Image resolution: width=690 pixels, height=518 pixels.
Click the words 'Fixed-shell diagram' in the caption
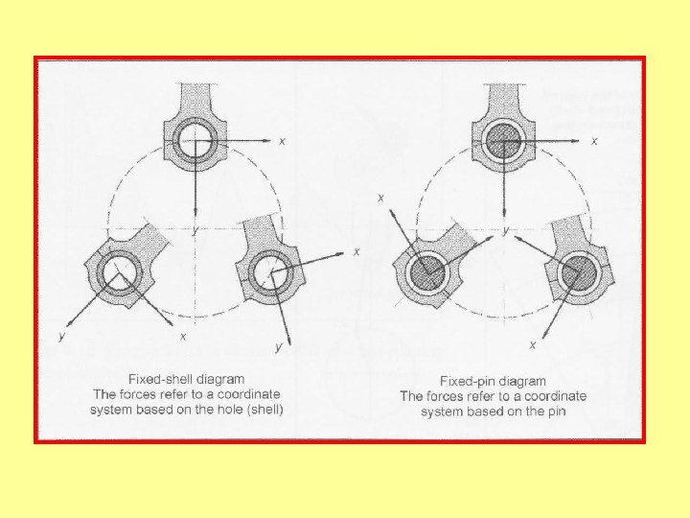point(186,379)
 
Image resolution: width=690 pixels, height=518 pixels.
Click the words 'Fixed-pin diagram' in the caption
point(493,381)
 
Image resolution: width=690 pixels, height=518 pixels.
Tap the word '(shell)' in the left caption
point(264,410)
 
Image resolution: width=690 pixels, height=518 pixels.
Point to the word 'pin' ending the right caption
point(556,412)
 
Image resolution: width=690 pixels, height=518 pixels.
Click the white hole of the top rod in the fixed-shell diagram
point(195,140)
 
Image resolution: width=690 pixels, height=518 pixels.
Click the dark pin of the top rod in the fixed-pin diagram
point(504,140)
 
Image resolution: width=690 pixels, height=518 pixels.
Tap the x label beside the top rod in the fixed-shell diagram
point(282,141)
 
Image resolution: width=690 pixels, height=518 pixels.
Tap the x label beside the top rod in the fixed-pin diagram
point(594,141)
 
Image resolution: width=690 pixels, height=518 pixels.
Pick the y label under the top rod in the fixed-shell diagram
point(195,230)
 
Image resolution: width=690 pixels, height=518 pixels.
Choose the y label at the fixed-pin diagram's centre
point(506,230)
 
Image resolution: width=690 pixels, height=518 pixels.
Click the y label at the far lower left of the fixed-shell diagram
point(61,336)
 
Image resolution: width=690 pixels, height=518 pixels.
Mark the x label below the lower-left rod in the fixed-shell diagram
point(183,337)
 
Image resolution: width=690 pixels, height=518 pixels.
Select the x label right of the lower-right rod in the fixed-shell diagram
point(356,251)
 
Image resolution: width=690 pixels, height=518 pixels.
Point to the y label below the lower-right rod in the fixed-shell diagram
point(278,347)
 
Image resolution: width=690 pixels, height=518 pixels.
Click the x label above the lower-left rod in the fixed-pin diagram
point(381,199)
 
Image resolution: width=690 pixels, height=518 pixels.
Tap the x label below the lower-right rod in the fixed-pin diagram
point(533,345)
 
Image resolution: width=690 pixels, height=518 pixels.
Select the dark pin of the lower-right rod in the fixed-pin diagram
point(577,273)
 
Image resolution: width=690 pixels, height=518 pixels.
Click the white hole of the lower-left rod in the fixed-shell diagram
point(118,273)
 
